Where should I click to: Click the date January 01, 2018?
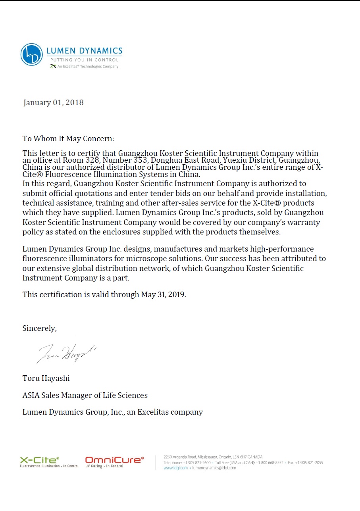tap(54, 103)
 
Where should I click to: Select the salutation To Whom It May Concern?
tap(68, 139)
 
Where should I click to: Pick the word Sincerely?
tap(40, 328)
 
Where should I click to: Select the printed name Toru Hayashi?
tap(46, 378)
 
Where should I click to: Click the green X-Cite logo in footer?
tap(40, 460)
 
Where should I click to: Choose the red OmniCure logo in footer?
tap(114, 460)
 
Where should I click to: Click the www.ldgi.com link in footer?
tap(175, 468)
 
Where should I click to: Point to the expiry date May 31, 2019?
tap(163, 295)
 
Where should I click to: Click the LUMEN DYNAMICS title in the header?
tap(84, 51)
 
